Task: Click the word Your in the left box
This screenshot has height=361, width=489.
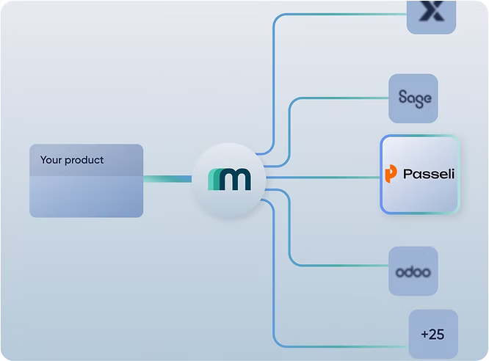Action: click(x=51, y=160)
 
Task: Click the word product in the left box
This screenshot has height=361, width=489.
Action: click(x=84, y=161)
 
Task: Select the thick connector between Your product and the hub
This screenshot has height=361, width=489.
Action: click(x=167, y=178)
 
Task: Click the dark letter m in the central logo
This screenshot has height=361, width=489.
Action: click(x=235, y=179)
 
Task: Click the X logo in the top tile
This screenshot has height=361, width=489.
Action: click(x=432, y=11)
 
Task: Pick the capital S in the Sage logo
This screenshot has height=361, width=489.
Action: click(x=403, y=98)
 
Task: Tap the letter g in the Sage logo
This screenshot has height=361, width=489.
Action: click(x=420, y=100)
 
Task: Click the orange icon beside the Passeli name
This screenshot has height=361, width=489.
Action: click(x=391, y=174)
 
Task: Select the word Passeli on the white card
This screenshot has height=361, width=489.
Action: click(x=429, y=174)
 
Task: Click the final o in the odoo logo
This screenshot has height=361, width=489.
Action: click(x=426, y=272)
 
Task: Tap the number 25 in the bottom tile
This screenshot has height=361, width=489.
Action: click(x=437, y=334)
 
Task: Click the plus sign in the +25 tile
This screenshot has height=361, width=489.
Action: click(x=425, y=335)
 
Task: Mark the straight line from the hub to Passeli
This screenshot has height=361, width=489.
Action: click(x=323, y=178)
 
